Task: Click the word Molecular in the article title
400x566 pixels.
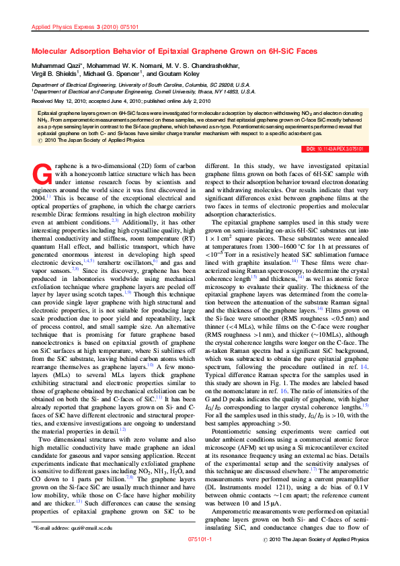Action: pyautogui.click(x=56, y=51)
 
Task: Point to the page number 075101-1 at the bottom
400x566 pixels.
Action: pyautogui.click(x=200, y=559)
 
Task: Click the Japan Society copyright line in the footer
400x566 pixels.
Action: pyautogui.click(x=318, y=559)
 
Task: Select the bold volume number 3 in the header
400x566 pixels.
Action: pyautogui.click(x=97, y=28)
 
